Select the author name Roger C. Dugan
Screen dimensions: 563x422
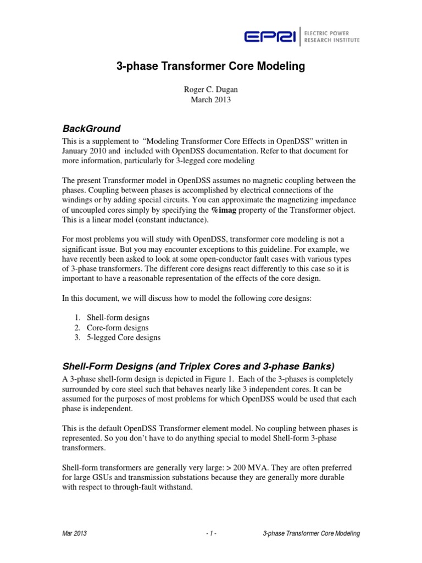pyautogui.click(x=210, y=90)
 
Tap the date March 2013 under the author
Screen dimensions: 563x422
pyautogui.click(x=210, y=100)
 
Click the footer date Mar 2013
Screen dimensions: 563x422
pyautogui.click(x=74, y=534)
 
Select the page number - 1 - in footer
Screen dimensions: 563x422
pyautogui.click(x=210, y=534)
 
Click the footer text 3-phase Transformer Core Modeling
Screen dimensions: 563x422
pyautogui.click(x=311, y=534)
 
